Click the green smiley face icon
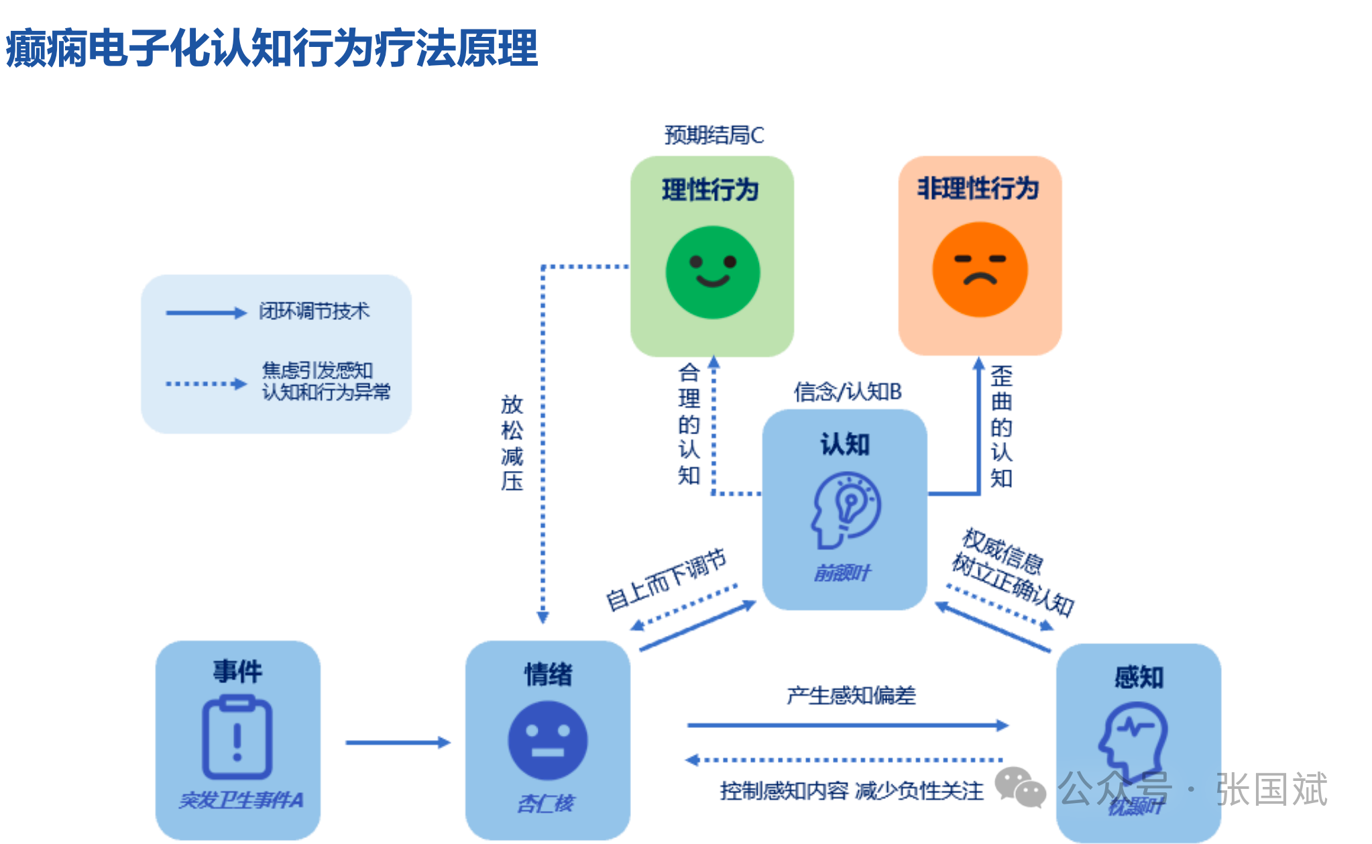(712, 272)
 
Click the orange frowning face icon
(980, 269)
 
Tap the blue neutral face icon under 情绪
(547, 740)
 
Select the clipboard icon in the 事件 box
(237, 737)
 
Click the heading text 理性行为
(710, 190)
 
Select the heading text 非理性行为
(978, 189)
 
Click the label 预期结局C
(713, 136)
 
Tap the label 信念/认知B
(848, 391)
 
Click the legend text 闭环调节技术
(314, 311)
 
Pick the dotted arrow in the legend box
(206, 384)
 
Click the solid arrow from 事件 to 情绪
(397, 742)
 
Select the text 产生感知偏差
(850, 696)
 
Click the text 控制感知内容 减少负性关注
(851, 791)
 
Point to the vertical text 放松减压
(512, 442)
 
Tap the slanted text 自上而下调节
(666, 579)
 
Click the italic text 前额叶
(842, 573)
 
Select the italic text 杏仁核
(546, 803)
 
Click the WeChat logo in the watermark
(1019, 787)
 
